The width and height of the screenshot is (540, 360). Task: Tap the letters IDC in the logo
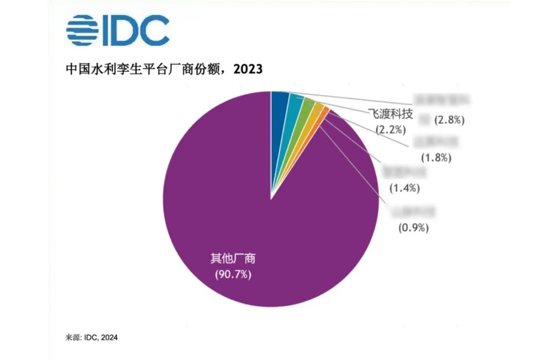tap(135, 30)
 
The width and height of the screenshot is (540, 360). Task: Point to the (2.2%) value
tap(390, 130)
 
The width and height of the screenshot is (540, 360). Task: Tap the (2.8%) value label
tap(449, 120)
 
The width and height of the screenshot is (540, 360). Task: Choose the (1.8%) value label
tap(436, 158)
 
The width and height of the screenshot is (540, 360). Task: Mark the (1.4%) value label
tap(404, 188)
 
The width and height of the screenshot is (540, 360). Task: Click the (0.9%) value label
tap(413, 228)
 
